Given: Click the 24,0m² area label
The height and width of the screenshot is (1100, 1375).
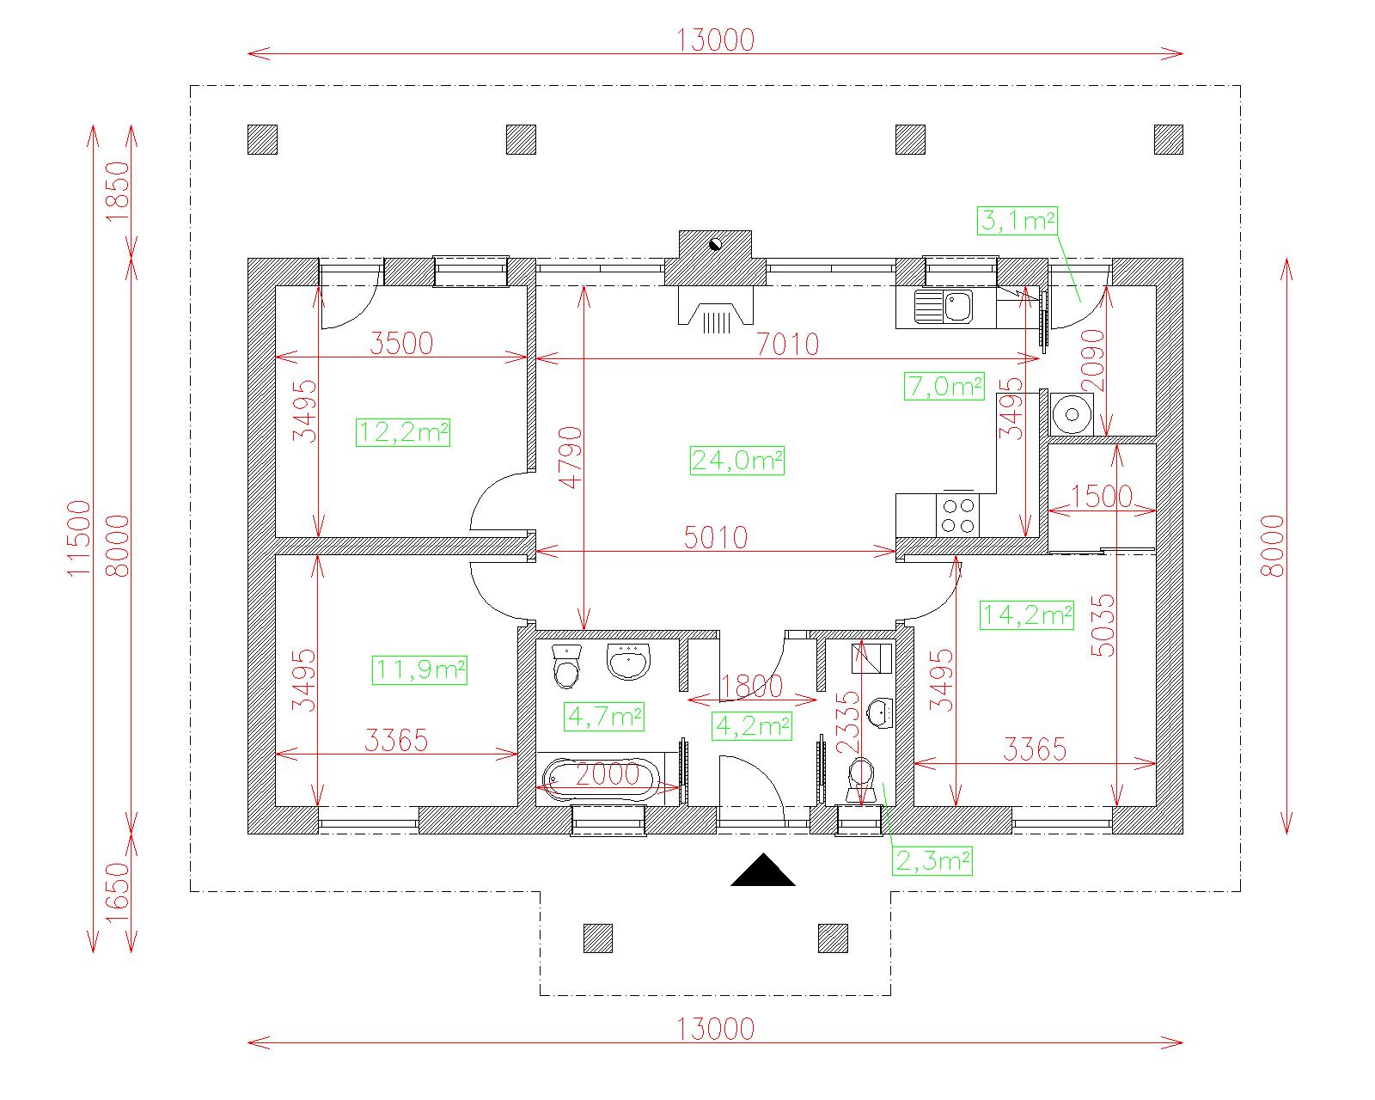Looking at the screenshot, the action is [736, 461].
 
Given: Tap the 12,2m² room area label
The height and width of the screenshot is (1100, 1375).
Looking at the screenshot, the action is [402, 433].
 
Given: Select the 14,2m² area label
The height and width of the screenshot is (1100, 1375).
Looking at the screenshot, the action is [1027, 614].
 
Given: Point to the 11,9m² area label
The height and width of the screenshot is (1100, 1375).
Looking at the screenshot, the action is [419, 669].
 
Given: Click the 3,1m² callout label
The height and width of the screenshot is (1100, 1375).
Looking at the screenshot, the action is [1017, 221].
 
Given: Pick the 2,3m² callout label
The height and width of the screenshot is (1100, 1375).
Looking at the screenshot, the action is [933, 861].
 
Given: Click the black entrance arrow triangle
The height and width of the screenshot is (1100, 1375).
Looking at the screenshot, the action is [763, 871].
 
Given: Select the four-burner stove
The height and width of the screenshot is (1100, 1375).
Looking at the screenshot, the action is [957, 515].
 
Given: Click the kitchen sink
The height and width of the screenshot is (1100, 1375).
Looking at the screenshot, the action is [944, 307].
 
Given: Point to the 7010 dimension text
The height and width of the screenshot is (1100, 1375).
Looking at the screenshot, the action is [787, 345].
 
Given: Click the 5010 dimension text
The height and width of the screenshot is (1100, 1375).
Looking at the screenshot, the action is [716, 537].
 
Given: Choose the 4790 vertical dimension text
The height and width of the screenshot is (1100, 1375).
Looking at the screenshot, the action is [571, 458].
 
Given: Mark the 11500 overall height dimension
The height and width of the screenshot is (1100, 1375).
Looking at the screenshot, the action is [79, 538].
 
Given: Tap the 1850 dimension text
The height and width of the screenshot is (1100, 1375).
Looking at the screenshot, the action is [118, 192].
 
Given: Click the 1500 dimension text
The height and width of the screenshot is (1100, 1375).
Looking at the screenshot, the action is [1101, 496].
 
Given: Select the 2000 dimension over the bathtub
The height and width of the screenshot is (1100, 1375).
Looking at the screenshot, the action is [607, 774].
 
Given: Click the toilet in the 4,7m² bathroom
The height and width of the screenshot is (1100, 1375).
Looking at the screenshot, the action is [566, 666].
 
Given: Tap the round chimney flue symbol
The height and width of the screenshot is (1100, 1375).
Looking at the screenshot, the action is [715, 243].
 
